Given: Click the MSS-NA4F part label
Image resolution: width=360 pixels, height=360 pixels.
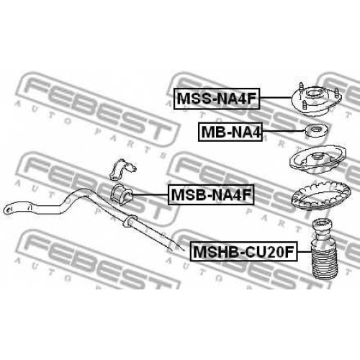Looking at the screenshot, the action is pos(217,99).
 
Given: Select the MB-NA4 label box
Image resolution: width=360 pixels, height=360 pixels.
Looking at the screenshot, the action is pos(230,132).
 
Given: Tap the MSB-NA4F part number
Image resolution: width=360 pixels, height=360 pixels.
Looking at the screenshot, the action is pos(211,194).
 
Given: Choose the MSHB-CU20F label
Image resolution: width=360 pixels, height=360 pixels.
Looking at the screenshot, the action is pos(244,251).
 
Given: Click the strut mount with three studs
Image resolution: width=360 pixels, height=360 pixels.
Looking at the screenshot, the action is pos(317,99).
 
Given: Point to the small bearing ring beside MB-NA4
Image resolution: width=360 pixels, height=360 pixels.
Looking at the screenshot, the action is pos(315,131).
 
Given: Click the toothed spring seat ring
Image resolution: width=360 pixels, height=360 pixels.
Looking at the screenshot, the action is pos(320,197).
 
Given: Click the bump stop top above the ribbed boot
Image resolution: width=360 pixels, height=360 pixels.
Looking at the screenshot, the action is pos(322,229).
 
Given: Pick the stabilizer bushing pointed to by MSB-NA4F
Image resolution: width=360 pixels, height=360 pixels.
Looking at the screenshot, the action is pos(121,194).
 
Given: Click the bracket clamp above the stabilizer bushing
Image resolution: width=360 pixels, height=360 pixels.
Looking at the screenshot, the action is pos(122,169).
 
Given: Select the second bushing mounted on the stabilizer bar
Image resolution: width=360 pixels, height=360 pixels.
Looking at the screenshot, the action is pos(130,220).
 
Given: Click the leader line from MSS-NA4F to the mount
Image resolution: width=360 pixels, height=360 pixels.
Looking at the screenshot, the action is pos(276,98).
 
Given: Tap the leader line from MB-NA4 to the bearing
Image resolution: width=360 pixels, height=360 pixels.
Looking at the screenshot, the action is pos(282,131).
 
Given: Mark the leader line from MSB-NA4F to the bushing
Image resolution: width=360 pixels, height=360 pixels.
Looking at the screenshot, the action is pos(150,194).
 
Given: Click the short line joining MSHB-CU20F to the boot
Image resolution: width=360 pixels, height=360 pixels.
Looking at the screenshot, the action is pos(305,252).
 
